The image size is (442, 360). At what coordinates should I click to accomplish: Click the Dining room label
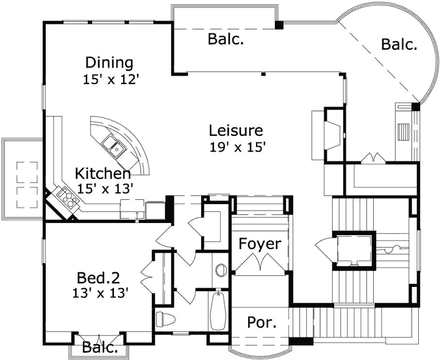coord(109,63)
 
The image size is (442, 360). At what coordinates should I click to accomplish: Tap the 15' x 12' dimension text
coord(111,79)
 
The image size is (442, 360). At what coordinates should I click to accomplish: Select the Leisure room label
coord(236,130)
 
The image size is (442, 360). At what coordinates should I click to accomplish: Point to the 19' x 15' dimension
coord(238,147)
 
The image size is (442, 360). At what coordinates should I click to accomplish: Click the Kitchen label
coord(103,174)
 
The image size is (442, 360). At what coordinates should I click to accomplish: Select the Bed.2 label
coord(98,278)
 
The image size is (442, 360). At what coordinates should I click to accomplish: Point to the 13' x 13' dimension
coord(101,293)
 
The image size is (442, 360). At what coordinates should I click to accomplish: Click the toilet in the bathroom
coord(165,319)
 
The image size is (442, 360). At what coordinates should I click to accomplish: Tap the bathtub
coord(218,311)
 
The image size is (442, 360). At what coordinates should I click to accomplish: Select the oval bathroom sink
coord(221,270)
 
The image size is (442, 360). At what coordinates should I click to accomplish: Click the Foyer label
coord(260,244)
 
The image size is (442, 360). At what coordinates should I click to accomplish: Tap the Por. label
coord(262,322)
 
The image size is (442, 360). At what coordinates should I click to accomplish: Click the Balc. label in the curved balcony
coord(399,44)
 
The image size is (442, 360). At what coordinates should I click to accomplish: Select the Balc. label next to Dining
coord(226,39)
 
